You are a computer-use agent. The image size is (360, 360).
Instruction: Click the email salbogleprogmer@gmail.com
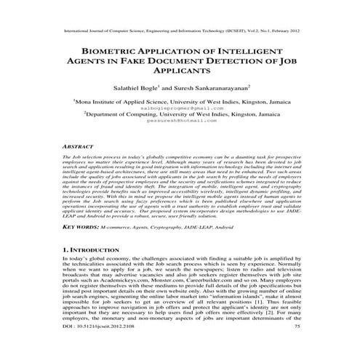pos(180,107)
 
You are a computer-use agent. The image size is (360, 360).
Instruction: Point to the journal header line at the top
pos(180,32)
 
